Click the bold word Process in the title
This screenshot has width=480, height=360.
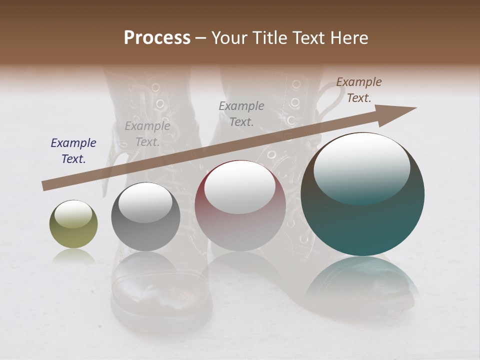click(157, 38)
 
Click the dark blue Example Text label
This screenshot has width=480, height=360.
click(73, 151)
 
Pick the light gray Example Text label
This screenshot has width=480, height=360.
click(147, 134)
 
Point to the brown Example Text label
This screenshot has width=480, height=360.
click(358, 90)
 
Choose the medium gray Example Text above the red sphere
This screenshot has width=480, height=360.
click(241, 113)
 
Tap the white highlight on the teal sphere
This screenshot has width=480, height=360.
click(361, 167)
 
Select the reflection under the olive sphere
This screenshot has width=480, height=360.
click(73, 257)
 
